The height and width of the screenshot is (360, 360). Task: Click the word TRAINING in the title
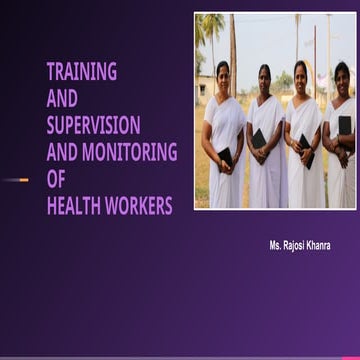pos(82,71)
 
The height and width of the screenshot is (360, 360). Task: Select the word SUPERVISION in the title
pos(93,125)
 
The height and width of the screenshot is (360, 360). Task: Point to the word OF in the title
pos(56,179)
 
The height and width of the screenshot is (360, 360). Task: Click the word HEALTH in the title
pos(76,206)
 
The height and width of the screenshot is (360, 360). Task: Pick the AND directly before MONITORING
pos(62,152)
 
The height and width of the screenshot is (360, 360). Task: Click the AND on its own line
pos(62,98)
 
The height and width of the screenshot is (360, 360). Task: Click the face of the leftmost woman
pos(222,73)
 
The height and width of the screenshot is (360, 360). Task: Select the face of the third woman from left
pos(300,73)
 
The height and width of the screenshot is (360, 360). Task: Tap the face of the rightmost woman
pos(341,74)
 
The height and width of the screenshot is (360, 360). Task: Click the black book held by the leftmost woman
pos(225,157)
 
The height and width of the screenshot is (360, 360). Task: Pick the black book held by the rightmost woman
pos(345,125)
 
